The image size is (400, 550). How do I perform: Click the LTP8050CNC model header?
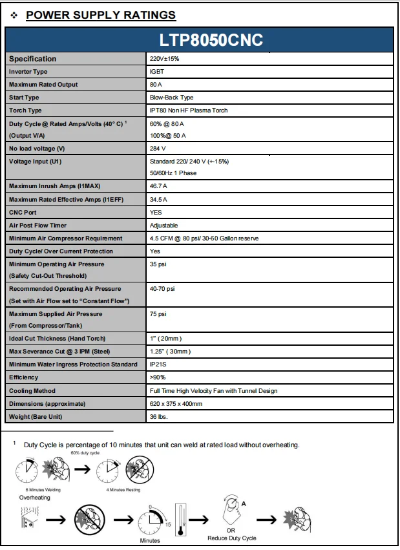(211, 39)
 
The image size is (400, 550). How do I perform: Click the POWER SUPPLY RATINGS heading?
(101, 15)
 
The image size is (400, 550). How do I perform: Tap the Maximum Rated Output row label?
(43, 85)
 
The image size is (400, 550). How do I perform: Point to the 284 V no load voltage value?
(158, 148)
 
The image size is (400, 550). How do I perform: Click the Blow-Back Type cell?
(171, 98)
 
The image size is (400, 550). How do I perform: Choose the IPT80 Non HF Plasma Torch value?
(188, 111)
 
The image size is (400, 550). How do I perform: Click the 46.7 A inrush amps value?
(159, 186)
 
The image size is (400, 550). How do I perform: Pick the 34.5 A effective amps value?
(159, 199)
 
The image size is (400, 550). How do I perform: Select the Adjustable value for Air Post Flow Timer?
(163, 226)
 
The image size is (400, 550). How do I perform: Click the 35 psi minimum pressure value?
(158, 264)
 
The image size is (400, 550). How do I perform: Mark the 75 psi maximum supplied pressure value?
(158, 313)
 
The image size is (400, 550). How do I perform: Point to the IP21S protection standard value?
(159, 365)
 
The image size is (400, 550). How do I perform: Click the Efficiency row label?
(24, 377)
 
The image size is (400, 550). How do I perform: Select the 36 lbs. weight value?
(159, 416)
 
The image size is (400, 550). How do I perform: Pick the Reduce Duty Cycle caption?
(231, 538)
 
